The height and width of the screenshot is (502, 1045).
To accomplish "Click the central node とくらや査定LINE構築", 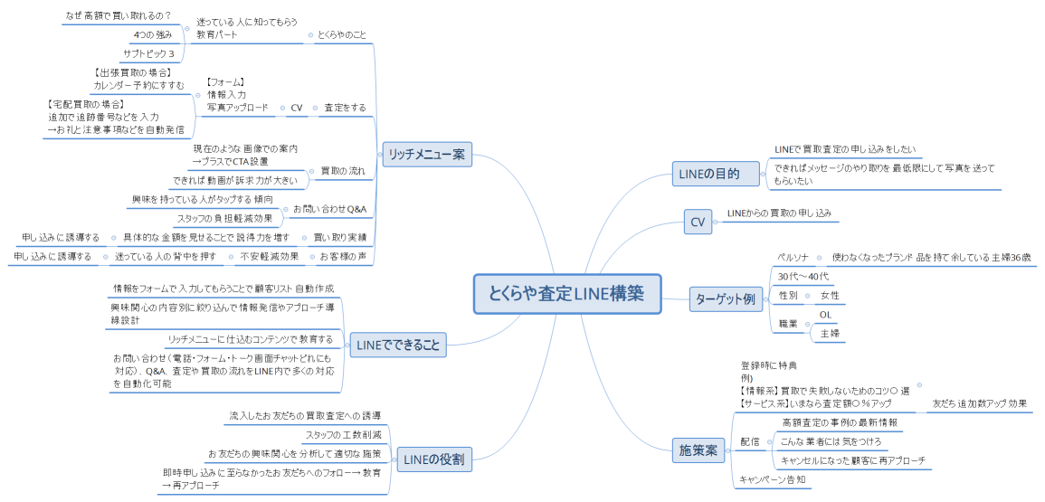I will coord(567,294).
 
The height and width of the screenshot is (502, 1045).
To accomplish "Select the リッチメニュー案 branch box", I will coord(426,155).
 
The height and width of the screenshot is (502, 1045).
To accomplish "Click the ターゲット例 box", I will coord(725,299).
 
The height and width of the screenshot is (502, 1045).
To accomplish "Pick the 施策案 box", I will coord(698,450).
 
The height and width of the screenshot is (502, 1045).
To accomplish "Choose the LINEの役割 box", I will coord(432,459).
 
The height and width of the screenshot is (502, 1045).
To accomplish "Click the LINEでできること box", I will coord(397,344).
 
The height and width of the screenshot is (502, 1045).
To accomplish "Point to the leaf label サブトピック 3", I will coord(148,54).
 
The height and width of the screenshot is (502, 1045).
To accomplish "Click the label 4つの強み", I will coord(152,34).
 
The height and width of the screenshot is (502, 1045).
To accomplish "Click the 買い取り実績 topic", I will coord(339,237).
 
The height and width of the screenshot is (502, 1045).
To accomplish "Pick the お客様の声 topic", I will coord(343,257).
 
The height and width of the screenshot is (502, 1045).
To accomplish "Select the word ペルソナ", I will coord(793,257).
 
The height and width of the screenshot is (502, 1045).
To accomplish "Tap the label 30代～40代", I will coord(803,276).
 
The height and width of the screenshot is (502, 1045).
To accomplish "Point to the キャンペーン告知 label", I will coord(772,479).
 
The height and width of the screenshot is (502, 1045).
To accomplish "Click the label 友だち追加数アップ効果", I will coord(978,403).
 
